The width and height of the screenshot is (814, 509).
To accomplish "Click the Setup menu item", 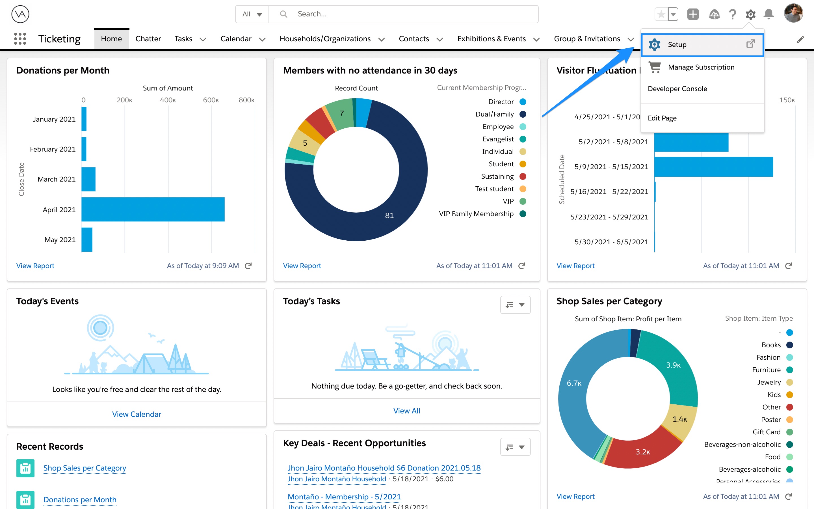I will pos(677,44).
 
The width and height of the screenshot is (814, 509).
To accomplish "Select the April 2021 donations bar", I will pos(153,209).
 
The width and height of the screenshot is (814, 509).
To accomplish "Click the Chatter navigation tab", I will pos(148,39).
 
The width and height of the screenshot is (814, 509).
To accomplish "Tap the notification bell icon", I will pos(768,14).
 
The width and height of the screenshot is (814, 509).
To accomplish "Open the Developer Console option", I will pos(677,89).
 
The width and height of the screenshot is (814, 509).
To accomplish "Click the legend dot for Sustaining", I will pos(523,176).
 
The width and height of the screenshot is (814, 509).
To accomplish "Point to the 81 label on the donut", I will pos(389,215).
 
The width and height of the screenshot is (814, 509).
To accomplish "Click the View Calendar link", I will pos(137,414).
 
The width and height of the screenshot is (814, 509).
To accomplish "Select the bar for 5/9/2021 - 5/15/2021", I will pos(713,167).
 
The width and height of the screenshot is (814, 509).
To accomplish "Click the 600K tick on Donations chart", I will pos(211,100).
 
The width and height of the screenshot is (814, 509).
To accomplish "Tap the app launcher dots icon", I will pos(20,39).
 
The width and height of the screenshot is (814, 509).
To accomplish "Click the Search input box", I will pos(404,14).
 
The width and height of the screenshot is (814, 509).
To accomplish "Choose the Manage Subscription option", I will pos(701,67).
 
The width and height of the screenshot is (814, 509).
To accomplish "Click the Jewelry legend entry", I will pos(768,382).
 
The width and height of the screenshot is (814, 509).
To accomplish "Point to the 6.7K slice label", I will pos(574,383).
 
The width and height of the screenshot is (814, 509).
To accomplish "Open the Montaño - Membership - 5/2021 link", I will pos(344,497).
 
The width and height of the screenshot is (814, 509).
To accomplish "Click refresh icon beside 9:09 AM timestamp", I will pos(248,266).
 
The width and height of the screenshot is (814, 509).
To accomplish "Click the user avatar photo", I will pos(793,14).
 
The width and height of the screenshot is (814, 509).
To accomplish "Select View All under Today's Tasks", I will pos(407,411).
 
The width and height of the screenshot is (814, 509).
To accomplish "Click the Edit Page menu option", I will pos(662,118).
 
